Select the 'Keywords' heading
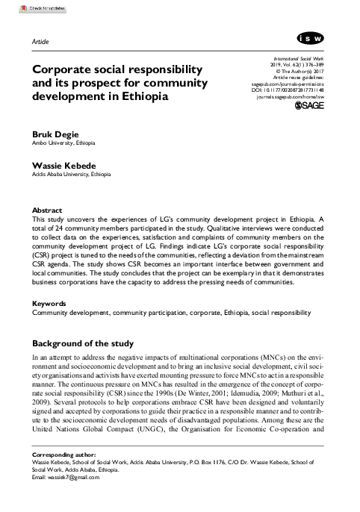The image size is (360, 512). coord(50,304)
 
